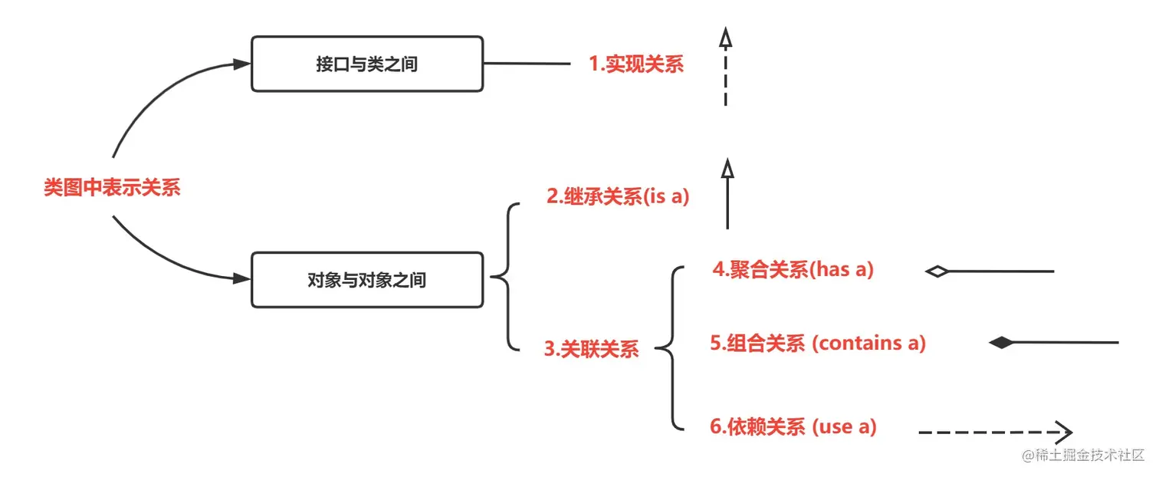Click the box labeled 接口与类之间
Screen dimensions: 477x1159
[x=367, y=64]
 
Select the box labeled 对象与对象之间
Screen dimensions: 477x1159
[x=367, y=281]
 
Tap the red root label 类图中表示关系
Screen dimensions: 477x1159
[x=112, y=188]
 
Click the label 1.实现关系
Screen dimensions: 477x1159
[x=636, y=64]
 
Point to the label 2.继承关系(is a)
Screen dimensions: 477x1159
[x=619, y=197]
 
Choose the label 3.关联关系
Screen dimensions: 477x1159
[x=592, y=349]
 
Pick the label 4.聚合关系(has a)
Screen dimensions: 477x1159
[x=793, y=270]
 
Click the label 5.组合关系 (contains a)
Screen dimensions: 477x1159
[x=818, y=343]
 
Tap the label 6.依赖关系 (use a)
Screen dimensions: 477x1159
[x=793, y=426]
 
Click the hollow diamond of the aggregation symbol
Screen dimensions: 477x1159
[x=937, y=271]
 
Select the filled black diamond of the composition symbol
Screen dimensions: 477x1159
[x=1001, y=343]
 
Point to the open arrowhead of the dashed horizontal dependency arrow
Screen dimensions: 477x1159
[x=1063, y=433]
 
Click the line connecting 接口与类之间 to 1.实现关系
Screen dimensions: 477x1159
[x=527, y=64]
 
